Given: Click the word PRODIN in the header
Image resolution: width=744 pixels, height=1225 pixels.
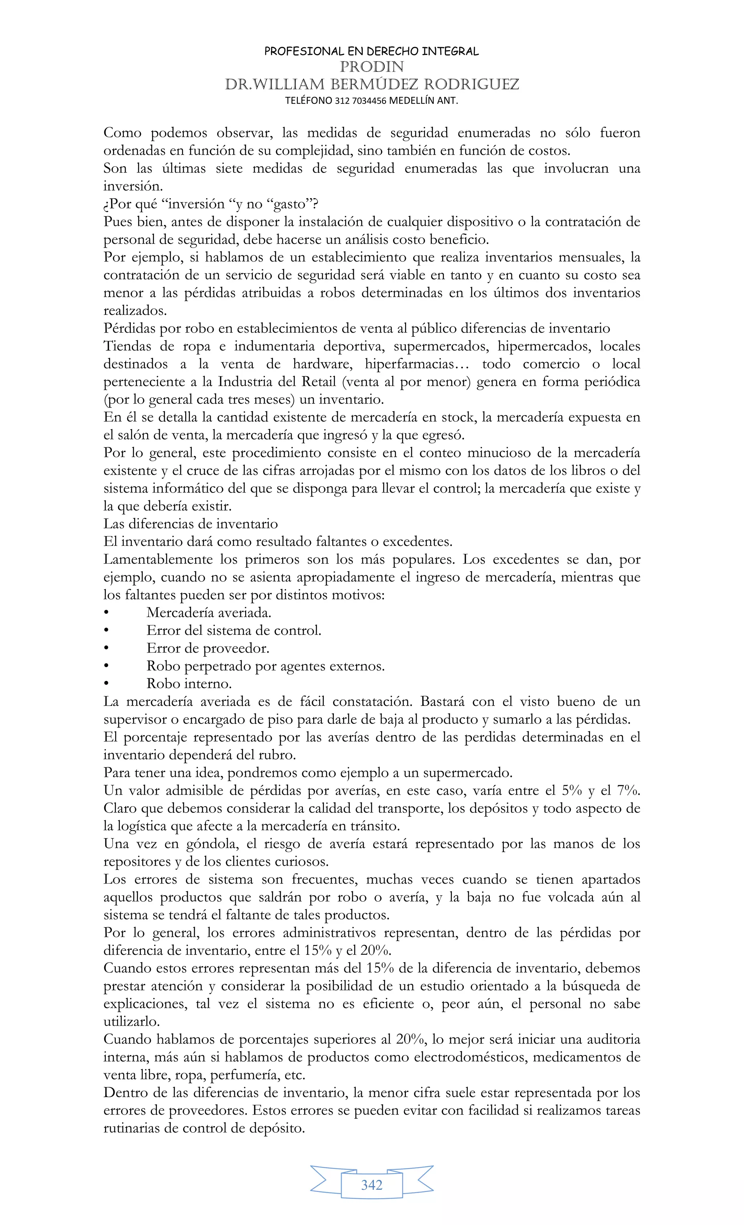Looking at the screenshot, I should tap(372, 66).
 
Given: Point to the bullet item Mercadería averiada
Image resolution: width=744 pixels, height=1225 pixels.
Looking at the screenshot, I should tap(209, 612).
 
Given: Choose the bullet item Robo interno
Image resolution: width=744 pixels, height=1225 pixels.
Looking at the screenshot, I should tap(189, 684).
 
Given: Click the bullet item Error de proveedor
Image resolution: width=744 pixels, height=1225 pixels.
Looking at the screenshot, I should tap(207, 648).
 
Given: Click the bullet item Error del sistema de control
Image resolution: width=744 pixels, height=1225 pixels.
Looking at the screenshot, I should tap(233, 630).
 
